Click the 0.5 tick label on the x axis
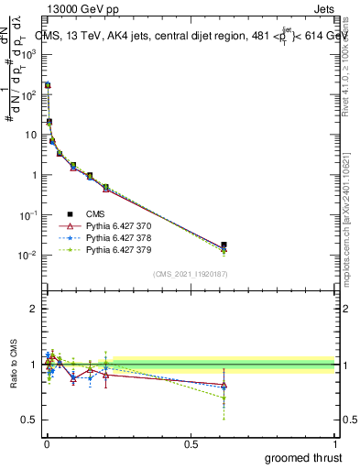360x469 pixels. point(191,444)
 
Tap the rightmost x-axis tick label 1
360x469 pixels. point(336,444)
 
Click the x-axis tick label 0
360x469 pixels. point(46,444)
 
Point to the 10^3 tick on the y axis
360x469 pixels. point(30,54)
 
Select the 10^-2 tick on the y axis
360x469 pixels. point(30,255)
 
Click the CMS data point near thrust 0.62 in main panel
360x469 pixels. point(224,245)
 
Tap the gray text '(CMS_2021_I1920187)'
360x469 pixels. point(190,275)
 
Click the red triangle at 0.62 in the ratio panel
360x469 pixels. point(224,385)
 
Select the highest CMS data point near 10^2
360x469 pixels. point(48,85)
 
